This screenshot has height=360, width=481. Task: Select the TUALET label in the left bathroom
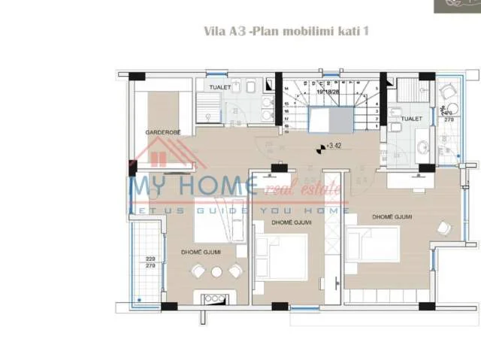click(x=219, y=87)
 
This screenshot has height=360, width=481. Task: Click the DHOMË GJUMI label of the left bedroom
click(x=200, y=253)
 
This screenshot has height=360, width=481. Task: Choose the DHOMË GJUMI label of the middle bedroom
click(x=292, y=223)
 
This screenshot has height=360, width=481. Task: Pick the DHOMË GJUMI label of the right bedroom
click(x=392, y=217)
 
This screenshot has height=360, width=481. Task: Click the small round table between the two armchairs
click(x=216, y=272)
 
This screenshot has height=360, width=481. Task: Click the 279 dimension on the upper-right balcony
click(x=449, y=119)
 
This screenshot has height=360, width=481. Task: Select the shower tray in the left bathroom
click(x=207, y=113)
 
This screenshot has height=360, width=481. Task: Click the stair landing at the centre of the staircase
click(x=328, y=119)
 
